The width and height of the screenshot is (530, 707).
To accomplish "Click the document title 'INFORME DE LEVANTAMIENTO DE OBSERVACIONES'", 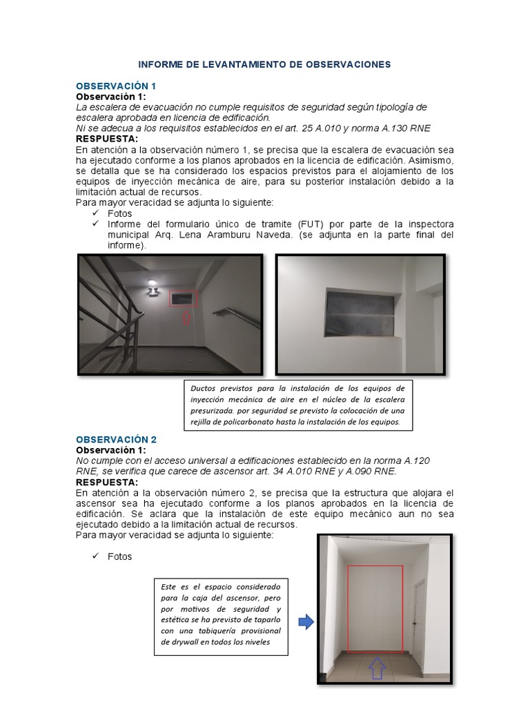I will [x=264, y=64].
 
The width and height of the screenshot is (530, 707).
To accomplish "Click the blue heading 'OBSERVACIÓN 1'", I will [x=116, y=86].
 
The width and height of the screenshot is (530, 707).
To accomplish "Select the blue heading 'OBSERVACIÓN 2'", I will [x=116, y=439].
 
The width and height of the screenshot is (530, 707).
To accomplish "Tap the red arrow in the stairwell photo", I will [x=184, y=318].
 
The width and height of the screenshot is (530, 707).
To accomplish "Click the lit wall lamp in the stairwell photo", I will [x=153, y=283].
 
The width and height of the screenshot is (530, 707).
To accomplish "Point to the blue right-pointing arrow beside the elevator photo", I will [x=306, y=623].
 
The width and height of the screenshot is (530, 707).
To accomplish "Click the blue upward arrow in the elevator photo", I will [x=376, y=668].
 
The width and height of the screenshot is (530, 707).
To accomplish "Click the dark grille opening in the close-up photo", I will [x=360, y=313].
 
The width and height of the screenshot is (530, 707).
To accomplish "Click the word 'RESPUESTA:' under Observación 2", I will [x=107, y=482].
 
